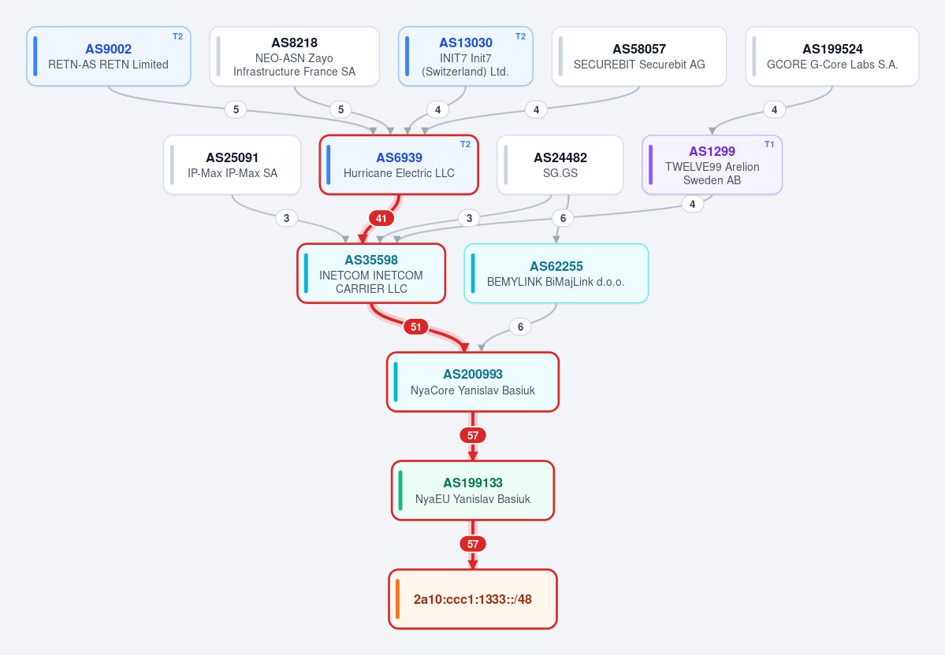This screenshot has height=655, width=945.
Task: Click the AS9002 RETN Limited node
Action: point(109,56)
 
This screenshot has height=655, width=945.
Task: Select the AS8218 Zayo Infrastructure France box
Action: point(294,56)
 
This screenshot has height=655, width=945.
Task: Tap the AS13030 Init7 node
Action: point(465,56)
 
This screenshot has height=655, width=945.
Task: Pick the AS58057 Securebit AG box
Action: point(639,56)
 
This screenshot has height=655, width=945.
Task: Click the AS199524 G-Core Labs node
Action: point(832,56)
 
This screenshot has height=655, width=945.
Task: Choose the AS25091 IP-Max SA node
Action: point(232,165)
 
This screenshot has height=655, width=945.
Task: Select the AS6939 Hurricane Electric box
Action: point(399,165)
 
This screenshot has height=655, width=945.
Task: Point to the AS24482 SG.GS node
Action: point(560,165)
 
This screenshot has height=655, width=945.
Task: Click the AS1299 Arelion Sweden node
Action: point(712,165)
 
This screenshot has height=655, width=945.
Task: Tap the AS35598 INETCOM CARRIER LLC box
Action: point(371,273)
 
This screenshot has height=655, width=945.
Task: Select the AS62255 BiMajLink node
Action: point(556,273)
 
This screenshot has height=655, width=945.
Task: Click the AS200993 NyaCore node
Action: point(473,383)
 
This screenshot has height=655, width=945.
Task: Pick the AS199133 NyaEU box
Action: point(473,490)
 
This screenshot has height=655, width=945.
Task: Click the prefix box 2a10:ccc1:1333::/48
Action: point(473,599)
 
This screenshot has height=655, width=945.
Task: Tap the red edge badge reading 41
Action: point(381,219)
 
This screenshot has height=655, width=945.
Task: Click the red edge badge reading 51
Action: point(416,327)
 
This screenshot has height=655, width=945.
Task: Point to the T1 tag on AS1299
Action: point(769,145)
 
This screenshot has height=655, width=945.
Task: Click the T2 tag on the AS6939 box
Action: point(465,145)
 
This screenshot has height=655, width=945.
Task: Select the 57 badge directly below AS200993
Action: point(473,435)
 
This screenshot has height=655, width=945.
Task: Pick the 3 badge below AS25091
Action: point(286,219)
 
